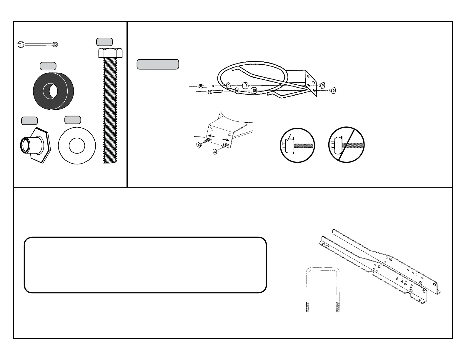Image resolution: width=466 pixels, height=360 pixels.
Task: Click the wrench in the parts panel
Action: tap(37, 44)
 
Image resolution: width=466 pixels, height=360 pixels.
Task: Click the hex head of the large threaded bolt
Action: tap(110, 53)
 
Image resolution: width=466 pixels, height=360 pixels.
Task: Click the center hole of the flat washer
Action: tap(77, 146)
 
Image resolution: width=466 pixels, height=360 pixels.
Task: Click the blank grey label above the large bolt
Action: tap(104, 42)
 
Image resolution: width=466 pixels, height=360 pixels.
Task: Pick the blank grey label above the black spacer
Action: tap(48, 66)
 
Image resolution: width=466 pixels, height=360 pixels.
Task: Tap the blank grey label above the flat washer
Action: tap(73, 120)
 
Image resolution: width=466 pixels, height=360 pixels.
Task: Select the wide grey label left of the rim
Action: tap(158, 64)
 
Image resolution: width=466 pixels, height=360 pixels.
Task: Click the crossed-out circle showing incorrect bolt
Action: tap(346, 145)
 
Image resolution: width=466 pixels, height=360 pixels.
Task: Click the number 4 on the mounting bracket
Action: tap(397, 277)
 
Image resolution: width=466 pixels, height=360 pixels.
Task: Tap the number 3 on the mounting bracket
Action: tap(401, 281)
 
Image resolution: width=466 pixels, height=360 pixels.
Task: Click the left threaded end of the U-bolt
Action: tap(308, 307)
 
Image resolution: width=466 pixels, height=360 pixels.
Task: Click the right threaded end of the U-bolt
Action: tap(338, 307)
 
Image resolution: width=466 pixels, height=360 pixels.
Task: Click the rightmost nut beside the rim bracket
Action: tap(333, 89)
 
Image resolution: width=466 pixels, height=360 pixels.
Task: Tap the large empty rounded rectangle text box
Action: tap(145, 265)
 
